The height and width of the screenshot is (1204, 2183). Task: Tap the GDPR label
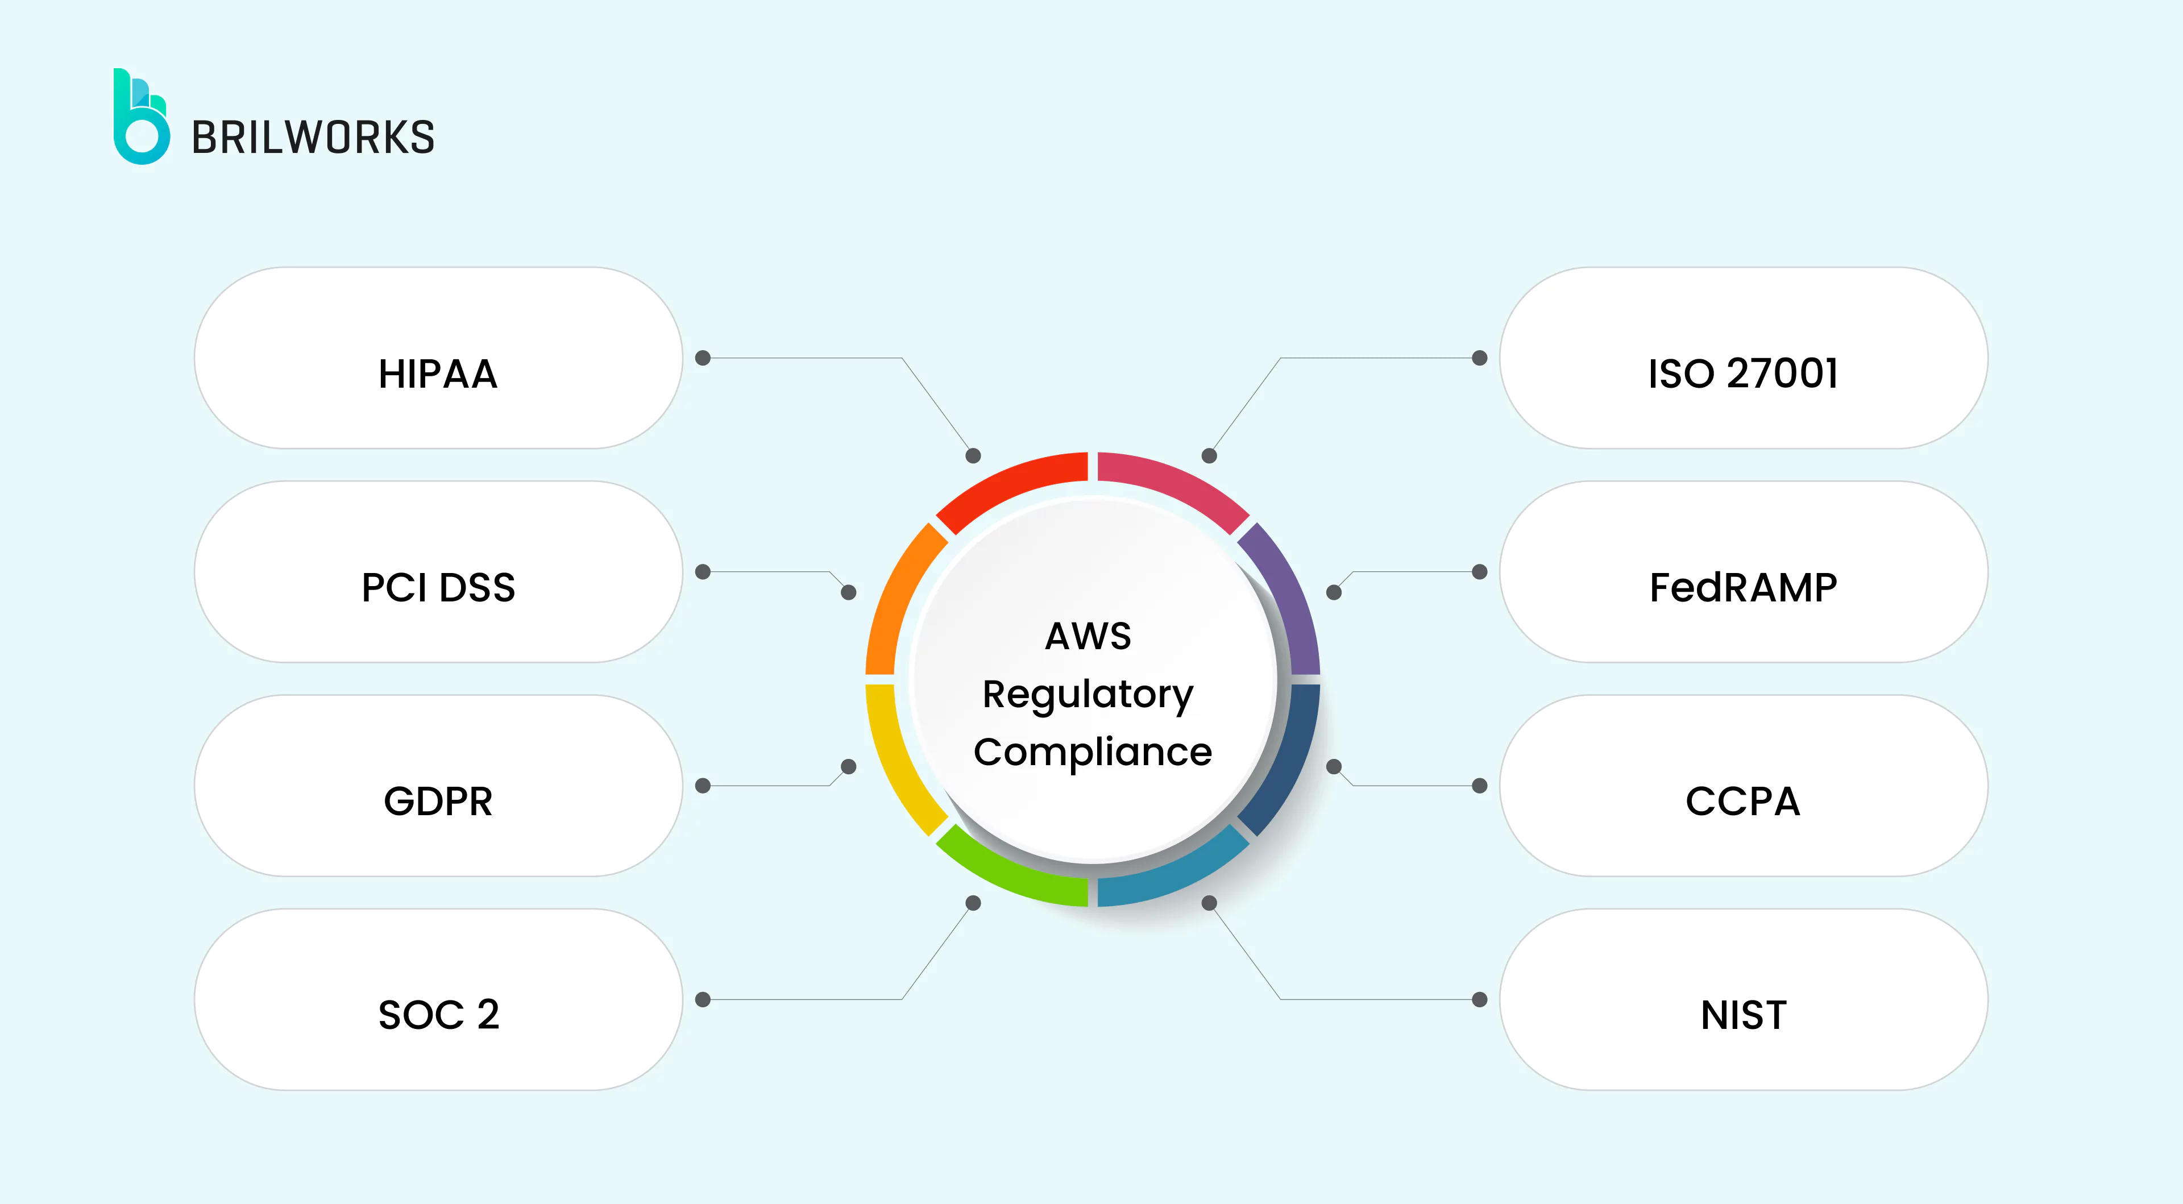click(438, 801)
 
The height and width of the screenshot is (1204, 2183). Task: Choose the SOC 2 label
click(438, 1014)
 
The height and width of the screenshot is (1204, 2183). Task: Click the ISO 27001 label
click(1743, 373)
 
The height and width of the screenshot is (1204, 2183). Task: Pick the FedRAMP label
click(1743, 587)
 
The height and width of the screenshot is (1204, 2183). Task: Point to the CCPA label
click(1743, 801)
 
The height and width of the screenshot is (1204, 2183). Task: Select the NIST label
click(1743, 1014)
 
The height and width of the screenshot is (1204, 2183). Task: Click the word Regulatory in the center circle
click(1088, 695)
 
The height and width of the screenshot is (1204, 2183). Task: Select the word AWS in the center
click(1088, 636)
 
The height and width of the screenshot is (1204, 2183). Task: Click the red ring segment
click(1009, 489)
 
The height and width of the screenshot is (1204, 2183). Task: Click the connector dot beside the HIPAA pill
click(703, 358)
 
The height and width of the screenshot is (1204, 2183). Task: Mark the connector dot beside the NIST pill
click(1480, 1000)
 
